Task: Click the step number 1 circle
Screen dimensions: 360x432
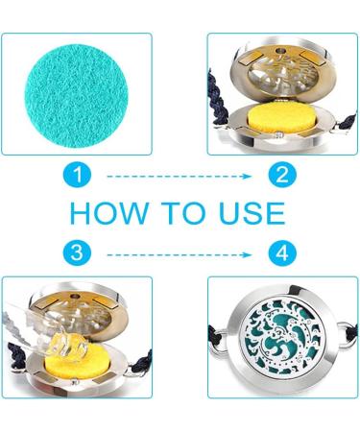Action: [x=78, y=175]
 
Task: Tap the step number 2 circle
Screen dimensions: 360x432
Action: [x=282, y=175]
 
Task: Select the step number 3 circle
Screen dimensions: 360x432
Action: [x=77, y=253]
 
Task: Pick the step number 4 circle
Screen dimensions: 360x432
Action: [x=282, y=253]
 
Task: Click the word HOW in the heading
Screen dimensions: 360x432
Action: [x=109, y=213]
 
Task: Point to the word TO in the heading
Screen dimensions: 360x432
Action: [x=183, y=213]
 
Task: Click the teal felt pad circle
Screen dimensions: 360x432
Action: [x=76, y=95]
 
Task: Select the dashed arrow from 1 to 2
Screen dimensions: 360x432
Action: [x=180, y=176]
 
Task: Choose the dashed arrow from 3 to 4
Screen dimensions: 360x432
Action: [x=180, y=254]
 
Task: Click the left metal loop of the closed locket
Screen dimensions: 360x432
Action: [x=222, y=340]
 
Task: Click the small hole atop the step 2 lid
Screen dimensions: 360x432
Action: [x=281, y=51]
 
